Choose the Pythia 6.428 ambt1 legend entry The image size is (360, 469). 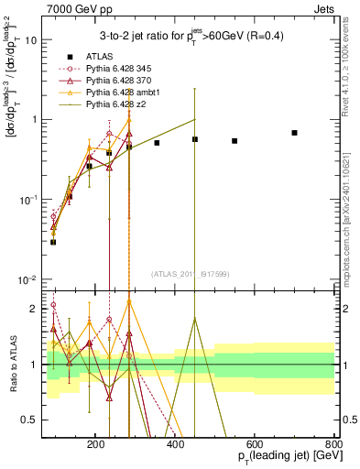click(119, 93)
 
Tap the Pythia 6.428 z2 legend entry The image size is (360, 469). click(114, 106)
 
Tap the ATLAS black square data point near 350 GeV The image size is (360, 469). click(157, 143)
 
